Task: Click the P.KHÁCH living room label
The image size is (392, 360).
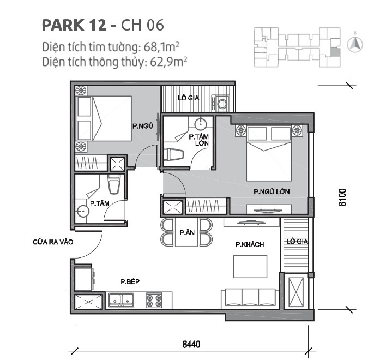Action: point(250,245)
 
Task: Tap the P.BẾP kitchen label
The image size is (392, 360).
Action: point(131,281)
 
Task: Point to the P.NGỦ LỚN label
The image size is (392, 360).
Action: point(271,192)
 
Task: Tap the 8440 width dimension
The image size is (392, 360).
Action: point(191,344)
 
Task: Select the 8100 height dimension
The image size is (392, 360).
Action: point(342,197)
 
